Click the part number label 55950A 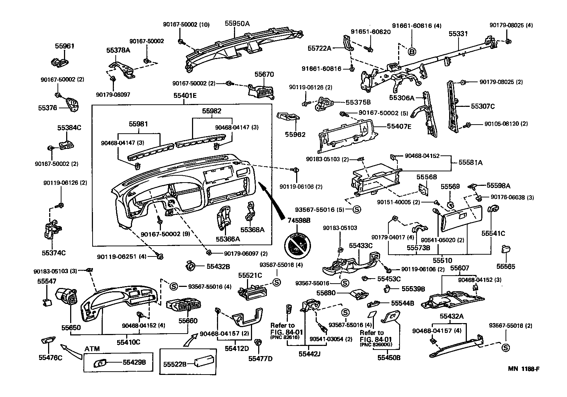pyautogui.click(x=237, y=23)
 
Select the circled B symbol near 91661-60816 pyautogui.click(x=412, y=52)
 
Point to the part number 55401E pyautogui.click(x=184, y=96)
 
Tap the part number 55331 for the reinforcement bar pyautogui.click(x=458, y=34)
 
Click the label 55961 pyautogui.click(x=64, y=46)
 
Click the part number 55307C pyautogui.click(x=482, y=106)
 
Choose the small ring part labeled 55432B pyautogui.click(x=190, y=266)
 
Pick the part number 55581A pyautogui.click(x=470, y=163)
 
